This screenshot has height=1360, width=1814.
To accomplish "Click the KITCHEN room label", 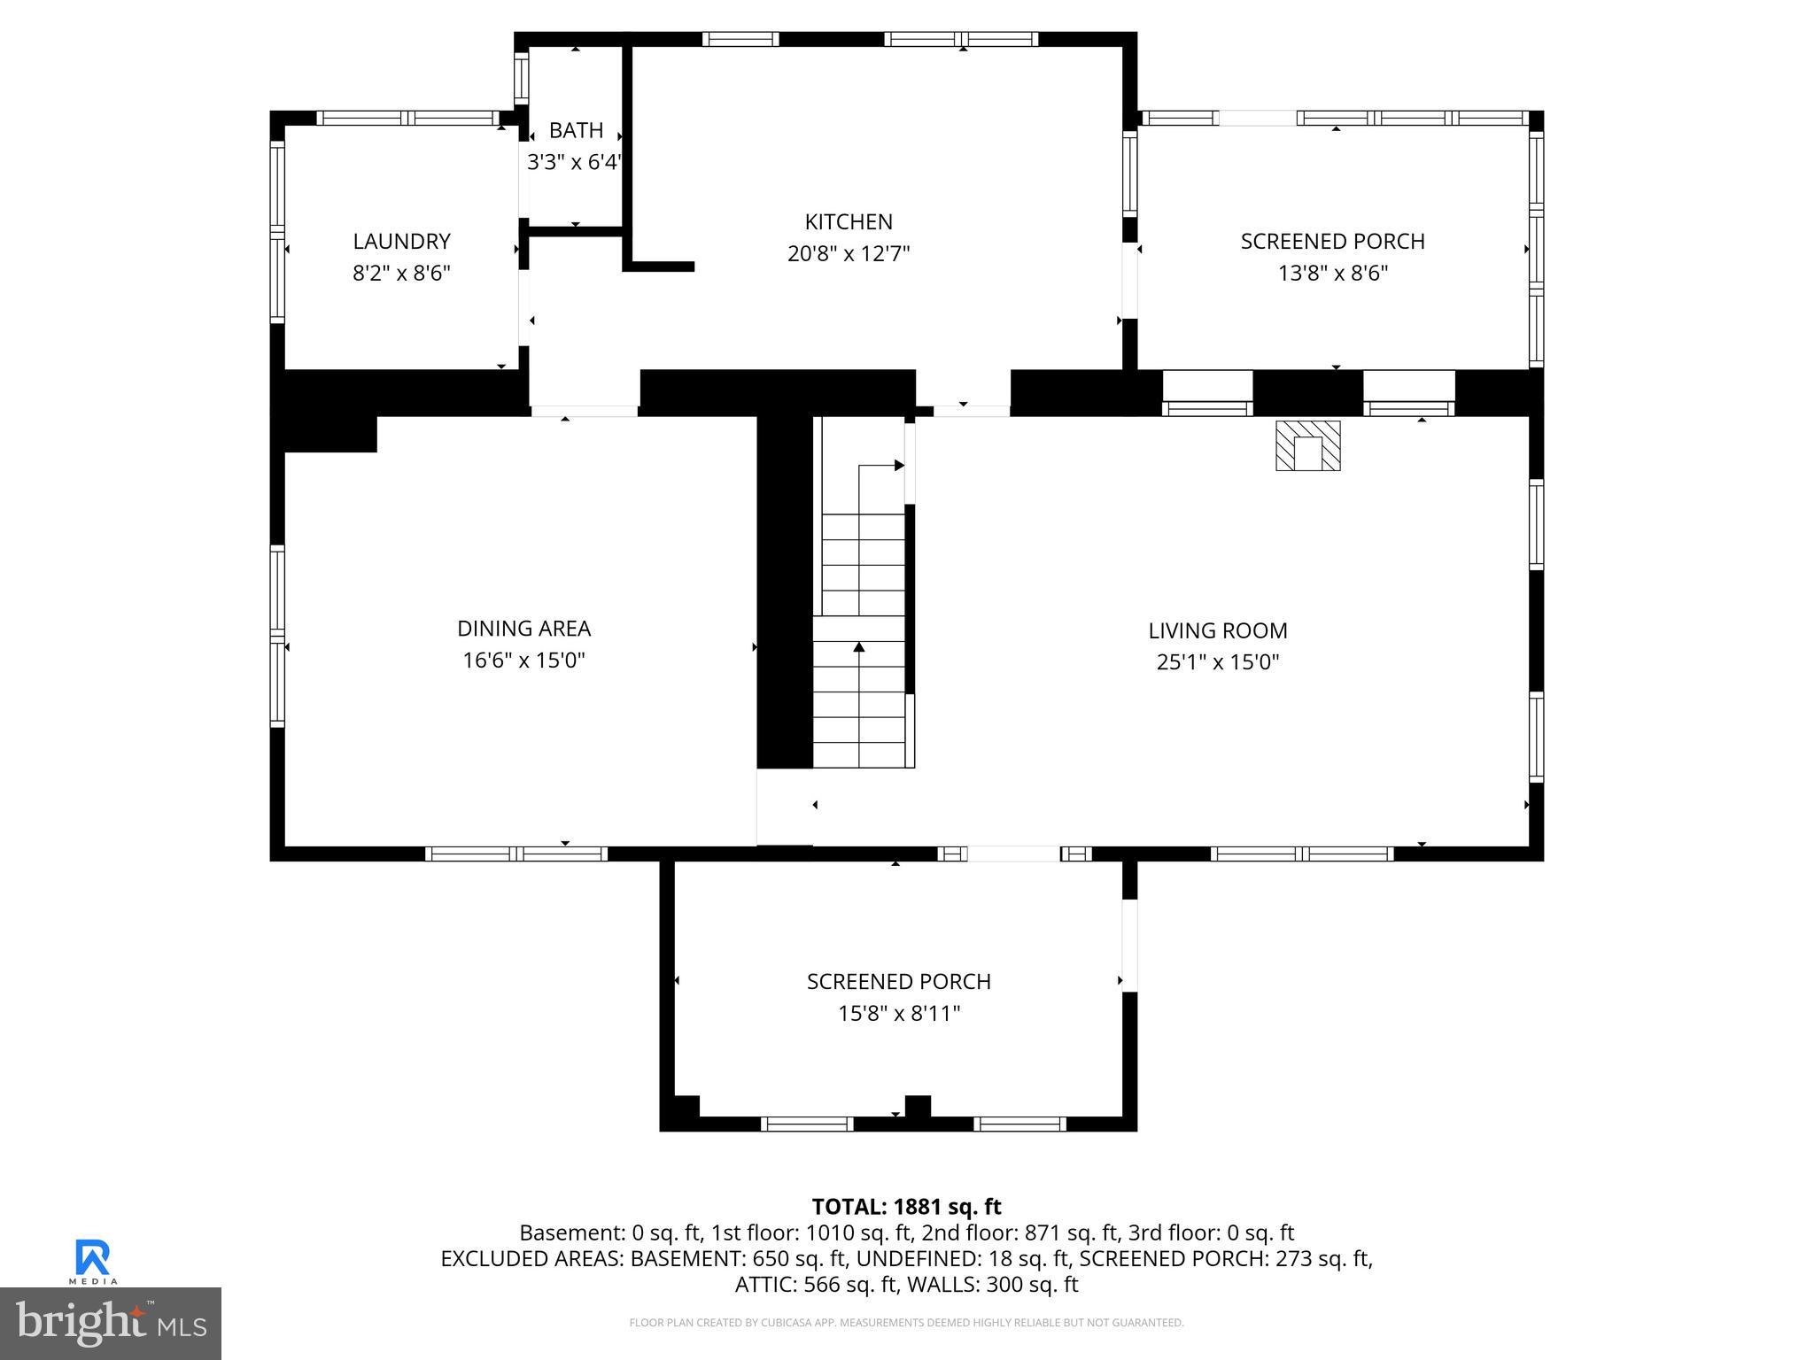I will [x=848, y=221].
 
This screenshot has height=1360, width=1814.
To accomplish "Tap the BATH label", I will [x=576, y=130].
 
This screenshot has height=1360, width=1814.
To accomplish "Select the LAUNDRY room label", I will [x=401, y=241].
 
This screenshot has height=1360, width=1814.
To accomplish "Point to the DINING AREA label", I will [x=523, y=629].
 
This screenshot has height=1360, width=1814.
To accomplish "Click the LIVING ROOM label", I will [x=1218, y=630].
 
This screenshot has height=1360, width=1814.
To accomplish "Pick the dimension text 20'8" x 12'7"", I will [x=848, y=254].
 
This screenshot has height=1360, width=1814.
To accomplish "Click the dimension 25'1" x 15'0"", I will [x=1218, y=662].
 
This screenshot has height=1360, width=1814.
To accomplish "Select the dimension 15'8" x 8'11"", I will [x=899, y=1013].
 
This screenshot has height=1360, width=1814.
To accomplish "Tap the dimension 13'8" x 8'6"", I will [x=1332, y=273].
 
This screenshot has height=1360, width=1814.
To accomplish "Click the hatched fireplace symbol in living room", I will [x=1307, y=446].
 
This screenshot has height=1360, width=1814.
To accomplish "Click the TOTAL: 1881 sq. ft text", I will [x=906, y=1207].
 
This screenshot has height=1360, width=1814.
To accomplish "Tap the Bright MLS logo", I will [x=111, y=1323].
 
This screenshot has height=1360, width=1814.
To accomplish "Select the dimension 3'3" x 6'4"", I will [x=574, y=162].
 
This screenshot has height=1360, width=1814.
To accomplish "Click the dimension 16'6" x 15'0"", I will [x=523, y=661].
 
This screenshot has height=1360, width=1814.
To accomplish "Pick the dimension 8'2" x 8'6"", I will [x=401, y=273].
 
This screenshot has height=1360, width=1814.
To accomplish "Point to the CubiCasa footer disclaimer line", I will [x=906, y=1323].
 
